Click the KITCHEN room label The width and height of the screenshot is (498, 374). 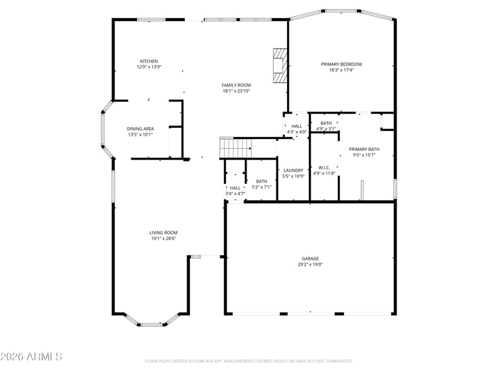click(x=149, y=61)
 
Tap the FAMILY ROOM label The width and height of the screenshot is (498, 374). click(x=236, y=85)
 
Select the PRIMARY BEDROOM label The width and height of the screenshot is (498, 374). click(x=341, y=64)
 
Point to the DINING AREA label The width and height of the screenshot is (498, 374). click(x=140, y=128)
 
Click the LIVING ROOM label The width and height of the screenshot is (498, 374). click(x=163, y=233)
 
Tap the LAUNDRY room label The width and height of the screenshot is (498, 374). click(x=293, y=170)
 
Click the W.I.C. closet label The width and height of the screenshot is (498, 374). click(x=324, y=167)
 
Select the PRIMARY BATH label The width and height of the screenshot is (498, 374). click(x=364, y=149)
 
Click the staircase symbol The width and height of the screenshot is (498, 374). click(x=235, y=148)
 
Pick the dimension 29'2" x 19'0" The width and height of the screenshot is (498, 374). click(x=311, y=264)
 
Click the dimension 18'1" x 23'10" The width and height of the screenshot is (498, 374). click(x=236, y=91)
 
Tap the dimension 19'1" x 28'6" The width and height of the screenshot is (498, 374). click(x=163, y=238)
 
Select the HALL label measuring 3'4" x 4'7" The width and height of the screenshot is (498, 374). click(x=235, y=188)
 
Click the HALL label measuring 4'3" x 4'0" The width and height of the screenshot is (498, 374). click(x=296, y=126)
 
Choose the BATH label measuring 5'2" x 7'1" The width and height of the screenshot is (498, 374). click(x=261, y=181)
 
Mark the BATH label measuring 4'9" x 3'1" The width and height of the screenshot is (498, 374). click(x=326, y=123)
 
